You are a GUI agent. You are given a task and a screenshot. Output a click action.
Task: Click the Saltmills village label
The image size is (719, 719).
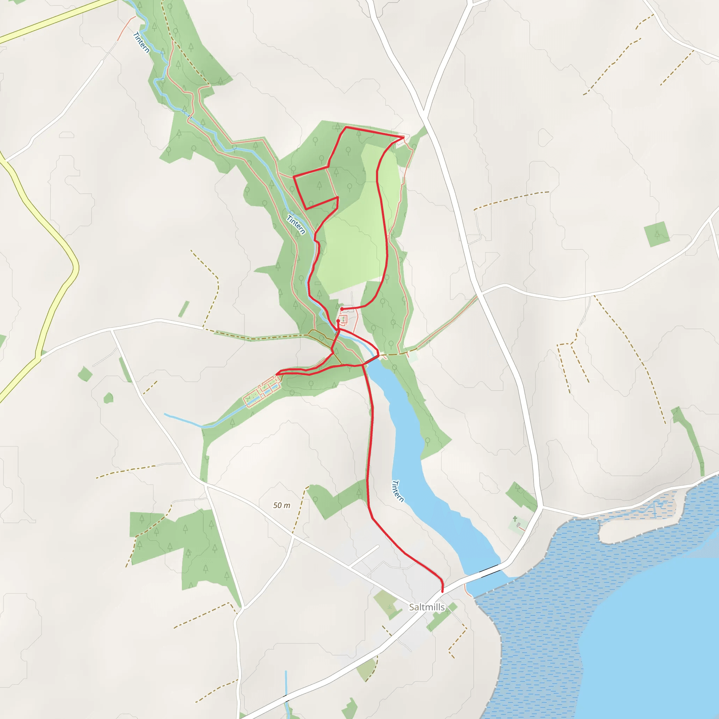point(427,607)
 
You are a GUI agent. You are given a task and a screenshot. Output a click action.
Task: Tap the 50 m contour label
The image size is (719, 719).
point(281,506)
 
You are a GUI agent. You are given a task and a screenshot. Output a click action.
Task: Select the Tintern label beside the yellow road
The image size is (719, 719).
point(141,43)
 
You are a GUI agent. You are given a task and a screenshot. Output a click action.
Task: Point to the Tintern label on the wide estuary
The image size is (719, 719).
point(398,491)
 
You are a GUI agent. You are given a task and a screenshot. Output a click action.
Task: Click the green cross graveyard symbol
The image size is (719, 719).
point(515,519)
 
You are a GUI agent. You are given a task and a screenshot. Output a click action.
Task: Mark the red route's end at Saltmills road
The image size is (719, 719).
point(442,591)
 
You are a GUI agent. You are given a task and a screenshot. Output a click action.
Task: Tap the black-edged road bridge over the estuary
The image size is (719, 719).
point(489,570)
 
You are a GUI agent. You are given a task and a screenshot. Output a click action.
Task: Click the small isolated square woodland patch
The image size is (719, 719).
point(657,234)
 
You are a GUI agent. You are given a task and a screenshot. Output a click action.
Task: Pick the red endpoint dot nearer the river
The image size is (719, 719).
point(338,321)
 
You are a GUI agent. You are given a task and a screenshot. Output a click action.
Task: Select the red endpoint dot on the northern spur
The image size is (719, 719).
point(342,309)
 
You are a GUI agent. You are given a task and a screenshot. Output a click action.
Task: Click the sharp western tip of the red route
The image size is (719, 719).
point(277,374)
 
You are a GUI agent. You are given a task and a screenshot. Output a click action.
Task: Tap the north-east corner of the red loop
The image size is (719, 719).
point(404,138)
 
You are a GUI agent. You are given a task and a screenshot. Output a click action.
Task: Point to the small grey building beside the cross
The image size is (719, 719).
point(519,525)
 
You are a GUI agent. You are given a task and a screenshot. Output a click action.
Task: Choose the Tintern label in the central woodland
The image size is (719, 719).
point(296,225)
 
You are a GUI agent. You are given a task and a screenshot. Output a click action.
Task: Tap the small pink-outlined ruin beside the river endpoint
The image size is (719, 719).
point(343,319)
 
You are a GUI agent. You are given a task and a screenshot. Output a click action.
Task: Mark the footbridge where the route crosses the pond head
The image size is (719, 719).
point(371,359)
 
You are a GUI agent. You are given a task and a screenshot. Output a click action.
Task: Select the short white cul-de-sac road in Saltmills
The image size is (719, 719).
point(364,556)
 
